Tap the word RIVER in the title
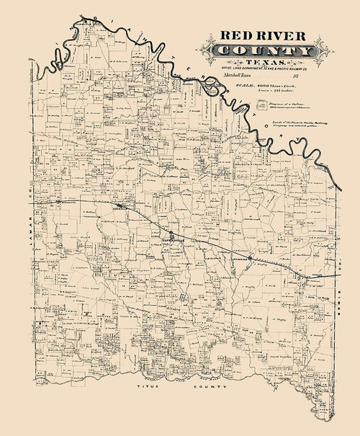(282, 37)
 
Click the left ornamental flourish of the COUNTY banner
(215, 52)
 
